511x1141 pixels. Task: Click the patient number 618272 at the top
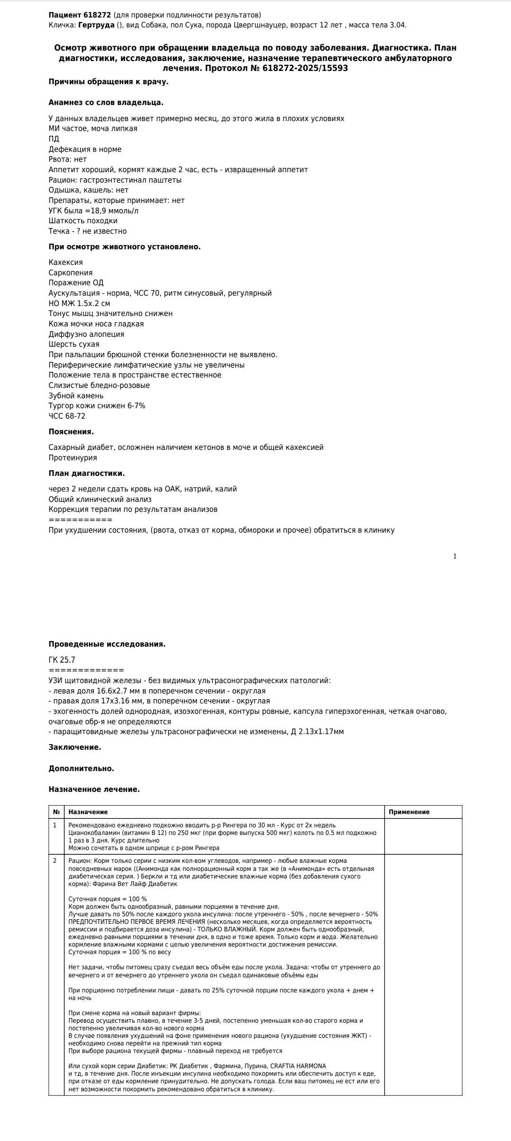pos(97,15)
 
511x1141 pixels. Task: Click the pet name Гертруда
pos(96,25)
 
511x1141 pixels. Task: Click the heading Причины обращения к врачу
pos(108,82)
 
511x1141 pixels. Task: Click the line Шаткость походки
pos(83,221)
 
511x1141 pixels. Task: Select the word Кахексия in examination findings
pos(65,263)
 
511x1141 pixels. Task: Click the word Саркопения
pos(70,273)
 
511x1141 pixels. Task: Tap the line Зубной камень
pos(76,396)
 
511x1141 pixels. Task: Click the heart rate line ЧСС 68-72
pos(67,416)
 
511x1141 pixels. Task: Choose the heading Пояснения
pos(71,432)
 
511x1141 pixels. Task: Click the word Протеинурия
pos(72,458)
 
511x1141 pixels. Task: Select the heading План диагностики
pos(87,474)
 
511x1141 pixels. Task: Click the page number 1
pos(455,556)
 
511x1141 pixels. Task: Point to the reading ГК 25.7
pos(62,660)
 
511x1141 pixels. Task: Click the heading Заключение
pos(75,747)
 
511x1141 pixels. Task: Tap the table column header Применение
pos(409,812)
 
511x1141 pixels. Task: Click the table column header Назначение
pos(88,812)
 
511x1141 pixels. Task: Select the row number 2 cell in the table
pos(55,861)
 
